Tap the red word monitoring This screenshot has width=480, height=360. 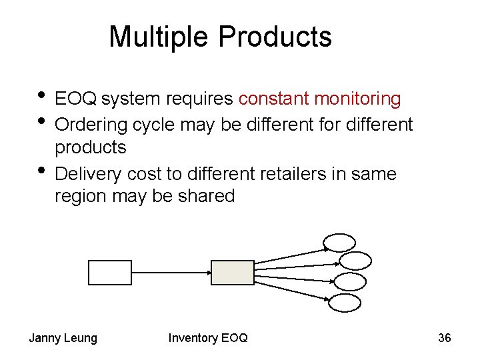[x=357, y=99]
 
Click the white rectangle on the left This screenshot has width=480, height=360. [x=110, y=272]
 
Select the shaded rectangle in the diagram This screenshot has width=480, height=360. [x=233, y=272]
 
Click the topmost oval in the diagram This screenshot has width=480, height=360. [x=339, y=242]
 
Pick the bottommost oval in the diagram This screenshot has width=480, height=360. [x=346, y=303]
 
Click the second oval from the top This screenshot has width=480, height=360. [x=354, y=261]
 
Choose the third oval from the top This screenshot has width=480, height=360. [x=350, y=281]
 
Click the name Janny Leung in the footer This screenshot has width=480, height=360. [x=63, y=338]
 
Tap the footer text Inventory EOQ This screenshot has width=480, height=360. [x=207, y=338]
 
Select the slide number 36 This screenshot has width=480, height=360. [x=444, y=338]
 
